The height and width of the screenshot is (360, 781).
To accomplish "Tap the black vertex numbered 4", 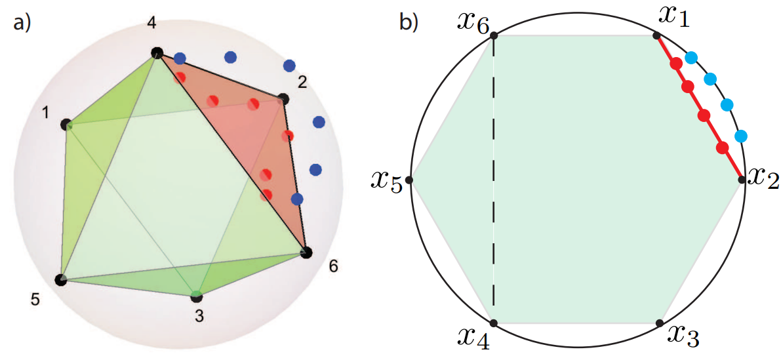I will pos(156,53).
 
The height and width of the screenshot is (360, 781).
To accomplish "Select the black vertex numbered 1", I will pos(66,124).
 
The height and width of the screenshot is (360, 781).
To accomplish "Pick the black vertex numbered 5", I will pos(60,280).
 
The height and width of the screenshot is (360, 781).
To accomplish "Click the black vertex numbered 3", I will pos(197,296).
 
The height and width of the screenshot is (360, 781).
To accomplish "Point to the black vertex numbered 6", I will pos(306,252).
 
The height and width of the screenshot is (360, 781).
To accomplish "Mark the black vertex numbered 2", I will pos(283,100).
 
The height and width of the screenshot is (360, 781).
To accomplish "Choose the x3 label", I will pos(683,336).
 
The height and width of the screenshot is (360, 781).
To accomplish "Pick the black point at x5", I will pos(410,179).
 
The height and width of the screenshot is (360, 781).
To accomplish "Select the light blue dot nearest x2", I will pos(741,136).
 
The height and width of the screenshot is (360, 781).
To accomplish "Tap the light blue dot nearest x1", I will pos(691,58).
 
